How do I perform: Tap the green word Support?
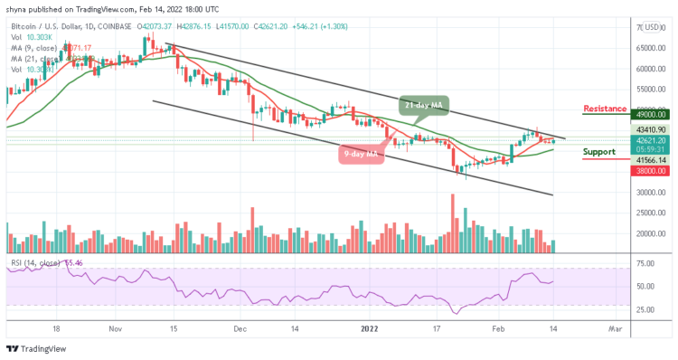click(600, 152)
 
